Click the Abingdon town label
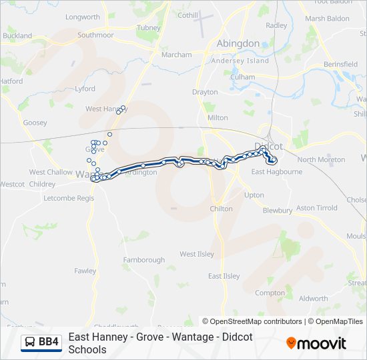tap(238, 43)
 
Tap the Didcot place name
tap(270, 146)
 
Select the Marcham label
tap(176, 55)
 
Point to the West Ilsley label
tap(197, 254)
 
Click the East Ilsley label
tap(224, 276)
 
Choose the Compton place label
tap(270, 293)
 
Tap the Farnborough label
tap(143, 260)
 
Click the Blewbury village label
tap(278, 211)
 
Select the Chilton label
tap(222, 209)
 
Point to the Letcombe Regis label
tap(69, 198)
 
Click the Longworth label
tap(83, 17)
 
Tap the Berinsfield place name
tap(340, 64)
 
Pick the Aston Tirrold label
tap(317, 208)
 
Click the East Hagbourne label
tap(276, 171)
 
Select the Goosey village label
tap(35, 123)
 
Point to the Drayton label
tap(205, 92)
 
